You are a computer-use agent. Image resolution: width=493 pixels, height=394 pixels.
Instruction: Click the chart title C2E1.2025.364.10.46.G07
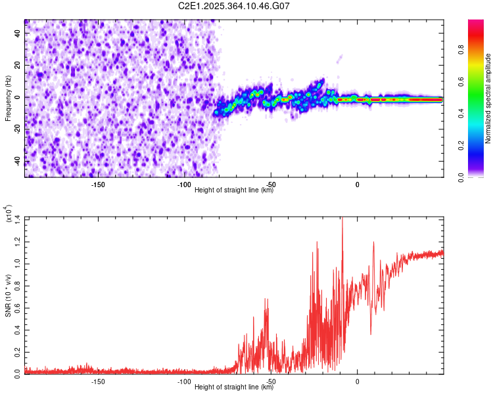(x=233, y=7)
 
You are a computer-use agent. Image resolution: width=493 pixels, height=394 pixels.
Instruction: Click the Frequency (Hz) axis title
(x=8, y=99)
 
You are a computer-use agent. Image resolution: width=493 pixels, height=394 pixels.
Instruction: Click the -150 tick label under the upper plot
(x=97, y=184)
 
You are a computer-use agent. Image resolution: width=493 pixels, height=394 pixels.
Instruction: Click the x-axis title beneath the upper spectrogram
(x=234, y=190)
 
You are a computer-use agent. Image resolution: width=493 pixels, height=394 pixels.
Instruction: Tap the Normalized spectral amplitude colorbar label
(x=488, y=99)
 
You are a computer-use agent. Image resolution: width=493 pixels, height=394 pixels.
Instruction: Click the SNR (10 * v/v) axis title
(x=8, y=295)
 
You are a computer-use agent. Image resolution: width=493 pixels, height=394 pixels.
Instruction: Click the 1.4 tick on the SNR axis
(x=17, y=218)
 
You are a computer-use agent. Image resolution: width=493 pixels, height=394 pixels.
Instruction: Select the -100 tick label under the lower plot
(x=184, y=382)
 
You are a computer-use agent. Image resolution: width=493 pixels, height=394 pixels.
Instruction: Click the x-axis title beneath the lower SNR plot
(x=234, y=387)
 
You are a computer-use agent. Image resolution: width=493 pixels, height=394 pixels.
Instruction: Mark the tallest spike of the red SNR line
(x=342, y=219)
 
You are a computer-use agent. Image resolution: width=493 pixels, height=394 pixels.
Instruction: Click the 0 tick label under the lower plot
(x=357, y=382)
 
